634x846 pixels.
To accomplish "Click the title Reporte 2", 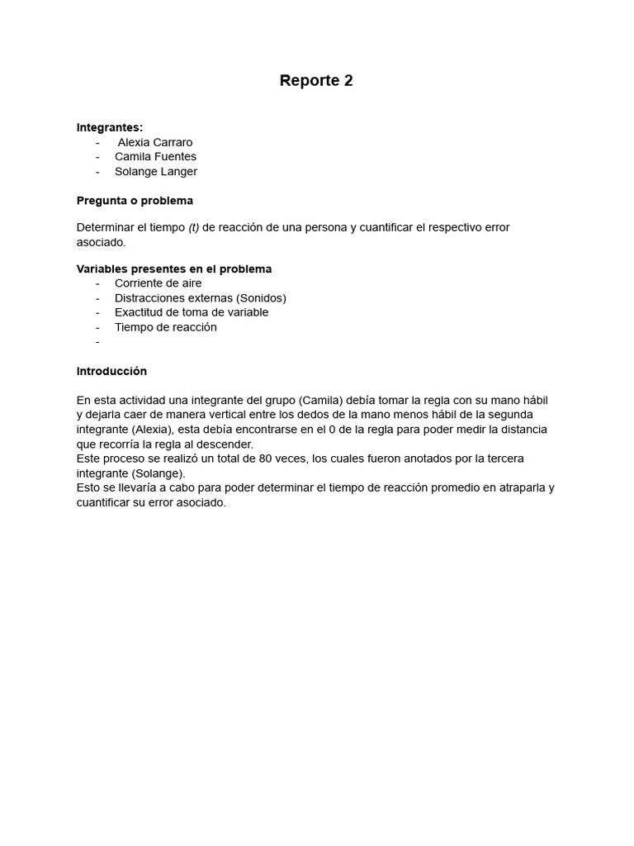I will tap(316, 81).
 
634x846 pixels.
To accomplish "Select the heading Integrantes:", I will tap(110, 127).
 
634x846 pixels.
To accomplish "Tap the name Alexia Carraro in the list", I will tap(155, 142).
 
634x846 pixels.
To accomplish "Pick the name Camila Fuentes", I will tap(155, 157).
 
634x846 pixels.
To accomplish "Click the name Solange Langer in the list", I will tap(156, 172).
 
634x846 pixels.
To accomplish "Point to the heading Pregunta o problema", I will tap(135, 201).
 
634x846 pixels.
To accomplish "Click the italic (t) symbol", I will tap(194, 227).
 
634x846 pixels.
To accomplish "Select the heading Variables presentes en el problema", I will tap(174, 269).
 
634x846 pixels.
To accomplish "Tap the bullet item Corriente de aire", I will tap(158, 283).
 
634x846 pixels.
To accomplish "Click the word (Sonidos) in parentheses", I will tap(261, 298).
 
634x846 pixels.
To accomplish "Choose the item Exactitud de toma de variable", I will tap(192, 312).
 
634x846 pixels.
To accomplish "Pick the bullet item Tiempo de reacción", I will tap(165, 327).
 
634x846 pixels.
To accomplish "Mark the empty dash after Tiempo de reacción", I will tap(97, 342).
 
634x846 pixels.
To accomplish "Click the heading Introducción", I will tap(111, 372).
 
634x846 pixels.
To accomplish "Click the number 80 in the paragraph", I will tap(267, 459).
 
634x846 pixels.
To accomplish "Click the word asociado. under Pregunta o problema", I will tap(102, 242).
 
